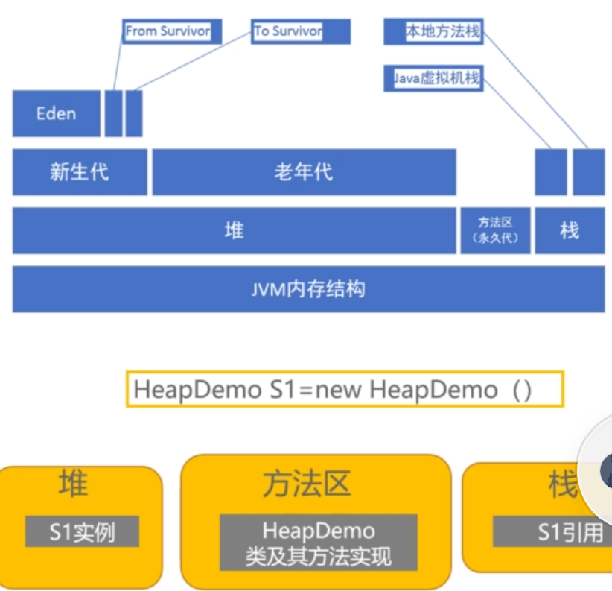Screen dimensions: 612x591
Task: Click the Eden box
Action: click(56, 113)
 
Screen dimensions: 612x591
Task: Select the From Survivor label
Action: click(167, 31)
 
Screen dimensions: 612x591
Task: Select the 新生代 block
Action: click(79, 172)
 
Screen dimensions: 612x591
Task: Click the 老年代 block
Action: click(304, 172)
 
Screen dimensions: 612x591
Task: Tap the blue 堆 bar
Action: click(234, 230)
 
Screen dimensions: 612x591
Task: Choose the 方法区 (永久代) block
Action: click(495, 230)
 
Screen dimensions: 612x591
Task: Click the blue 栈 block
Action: click(570, 230)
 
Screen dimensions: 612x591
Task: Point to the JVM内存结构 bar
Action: click(308, 288)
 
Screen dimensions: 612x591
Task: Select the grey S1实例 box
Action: click(82, 532)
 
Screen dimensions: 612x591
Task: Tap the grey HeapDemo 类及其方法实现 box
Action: click(318, 543)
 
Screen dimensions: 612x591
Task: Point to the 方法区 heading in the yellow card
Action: click(306, 484)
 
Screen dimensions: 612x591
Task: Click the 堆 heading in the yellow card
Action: click(73, 484)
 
